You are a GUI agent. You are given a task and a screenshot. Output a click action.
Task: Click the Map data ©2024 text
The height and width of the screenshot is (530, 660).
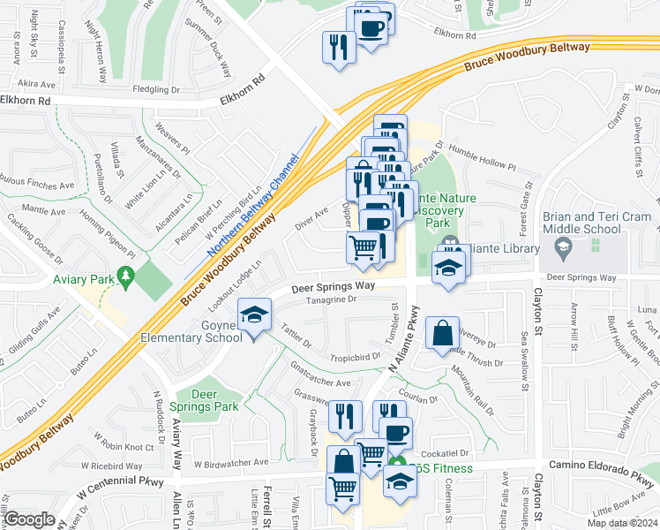(622, 523)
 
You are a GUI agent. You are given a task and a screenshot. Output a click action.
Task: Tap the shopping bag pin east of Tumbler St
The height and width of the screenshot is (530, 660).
(441, 336)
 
